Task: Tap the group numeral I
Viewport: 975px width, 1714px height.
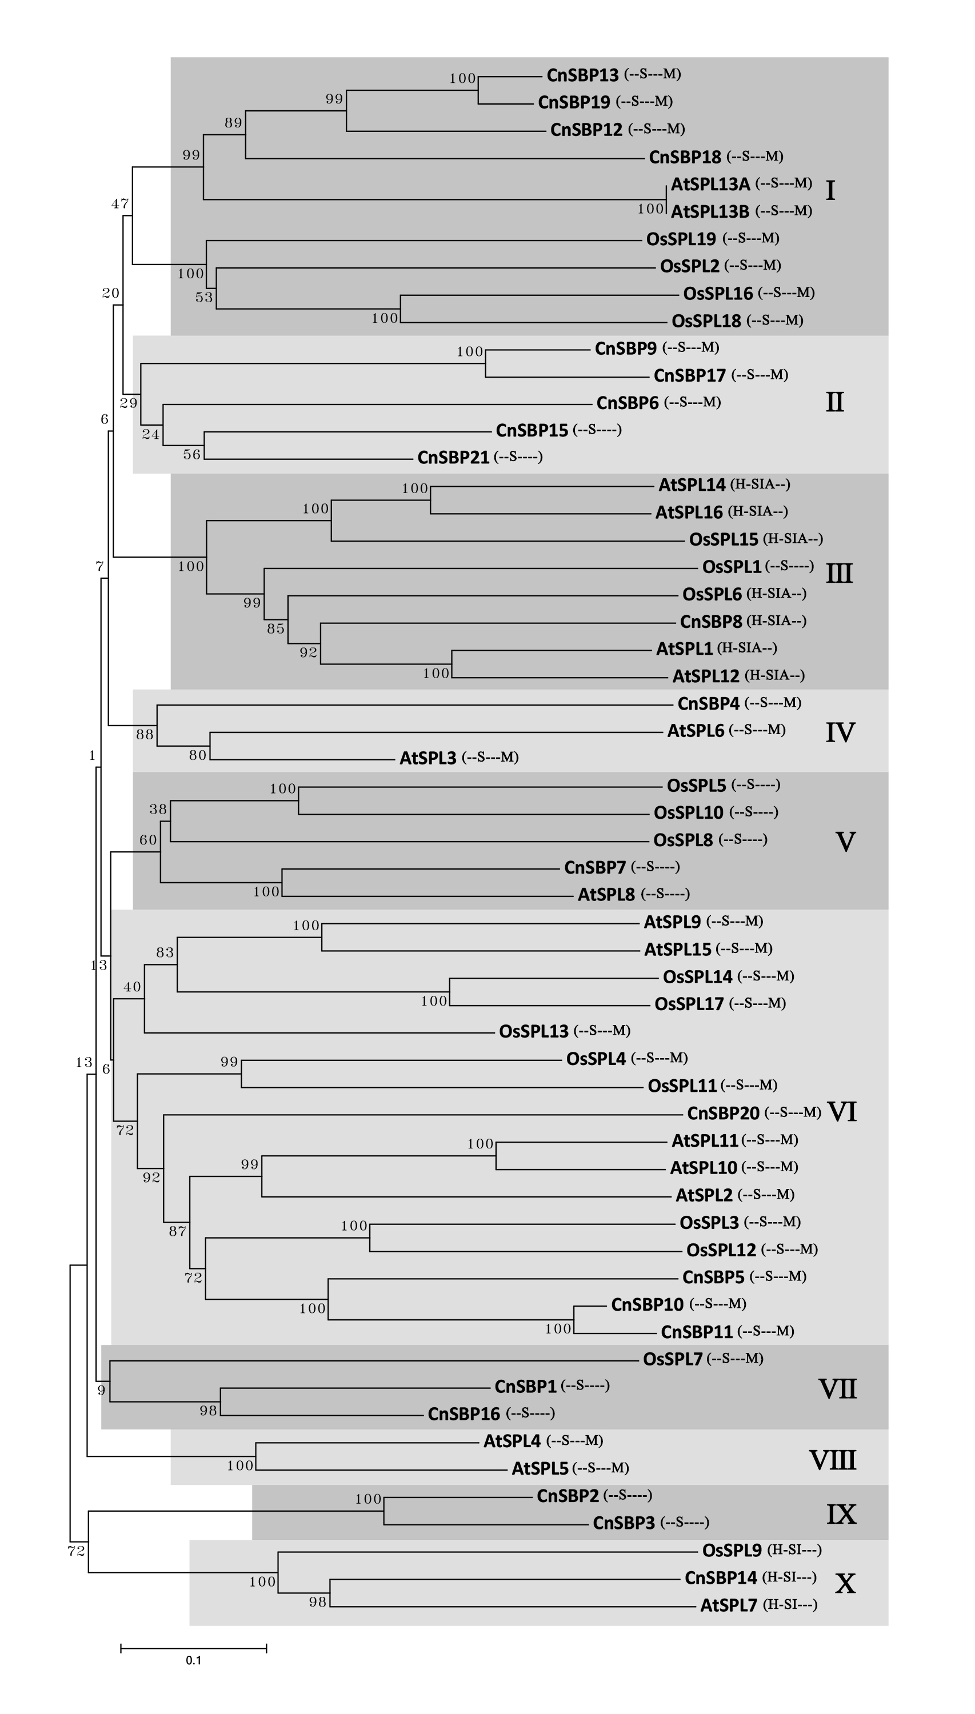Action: coord(830,191)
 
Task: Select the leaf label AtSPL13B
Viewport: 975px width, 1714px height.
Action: coord(710,211)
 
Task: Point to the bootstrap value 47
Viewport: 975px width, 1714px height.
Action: coord(120,204)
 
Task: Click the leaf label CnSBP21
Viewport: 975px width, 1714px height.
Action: coord(453,458)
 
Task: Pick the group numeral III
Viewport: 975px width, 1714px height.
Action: coord(839,574)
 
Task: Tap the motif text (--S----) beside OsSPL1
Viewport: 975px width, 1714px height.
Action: coord(789,566)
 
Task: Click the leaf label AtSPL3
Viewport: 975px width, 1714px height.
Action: coord(427,758)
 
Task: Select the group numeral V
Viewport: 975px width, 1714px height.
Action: coord(845,842)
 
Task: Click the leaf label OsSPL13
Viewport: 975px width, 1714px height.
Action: coord(533,1031)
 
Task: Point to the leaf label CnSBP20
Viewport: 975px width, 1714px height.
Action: coord(722,1114)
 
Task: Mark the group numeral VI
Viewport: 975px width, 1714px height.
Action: coord(842,1112)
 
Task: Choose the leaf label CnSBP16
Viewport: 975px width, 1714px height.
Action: coord(463,1414)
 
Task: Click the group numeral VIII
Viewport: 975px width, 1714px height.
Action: coord(832,1460)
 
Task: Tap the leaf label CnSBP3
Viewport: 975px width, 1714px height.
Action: coord(623,1523)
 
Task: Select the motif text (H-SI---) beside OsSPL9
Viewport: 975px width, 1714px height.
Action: coord(794,1550)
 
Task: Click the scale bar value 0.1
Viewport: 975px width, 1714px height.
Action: coord(194,1660)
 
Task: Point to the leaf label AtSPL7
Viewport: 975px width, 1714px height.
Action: coord(728,1605)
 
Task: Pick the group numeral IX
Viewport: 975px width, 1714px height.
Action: coord(841,1515)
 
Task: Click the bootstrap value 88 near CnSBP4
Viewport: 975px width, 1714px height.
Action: coord(145,735)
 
